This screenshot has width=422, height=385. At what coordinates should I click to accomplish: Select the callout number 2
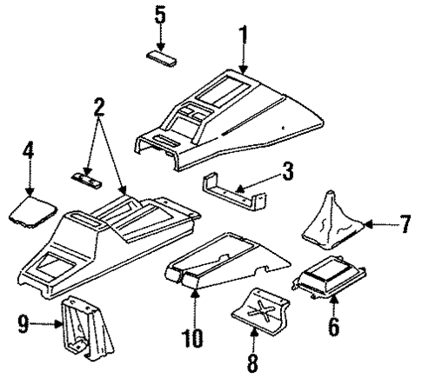(98, 109)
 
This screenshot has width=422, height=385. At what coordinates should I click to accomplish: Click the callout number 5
(159, 14)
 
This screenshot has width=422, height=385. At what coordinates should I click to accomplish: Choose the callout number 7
(405, 225)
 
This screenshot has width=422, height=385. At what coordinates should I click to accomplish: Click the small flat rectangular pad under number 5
(162, 57)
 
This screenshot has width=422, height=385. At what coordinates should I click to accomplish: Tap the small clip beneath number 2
(85, 177)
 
